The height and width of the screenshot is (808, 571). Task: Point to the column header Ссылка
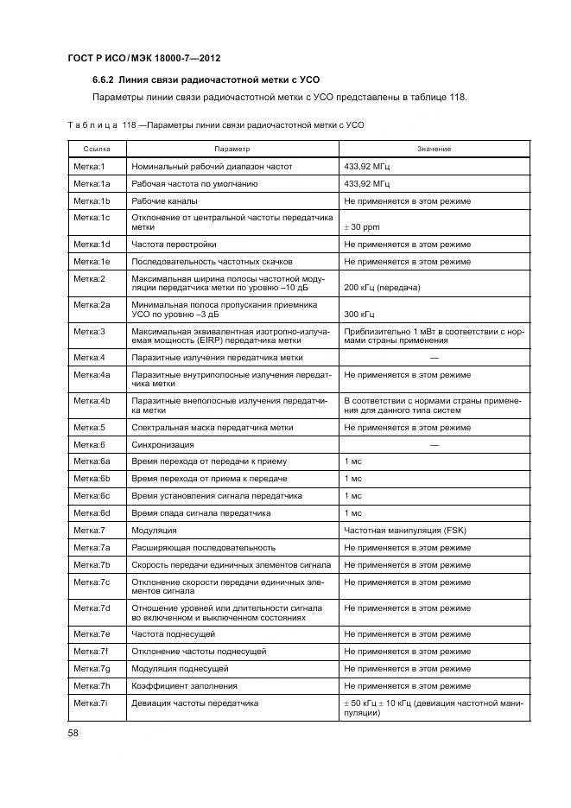pyautogui.click(x=96, y=150)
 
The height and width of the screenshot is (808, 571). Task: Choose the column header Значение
pyautogui.click(x=434, y=150)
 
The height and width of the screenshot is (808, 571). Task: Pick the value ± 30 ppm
pyautogui.click(x=362, y=228)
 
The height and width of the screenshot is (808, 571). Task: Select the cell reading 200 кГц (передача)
pyautogui.click(x=382, y=286)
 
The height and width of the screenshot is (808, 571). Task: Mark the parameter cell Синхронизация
pyautogui.click(x=162, y=444)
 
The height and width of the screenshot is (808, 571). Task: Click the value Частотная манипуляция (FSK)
pyautogui.click(x=404, y=530)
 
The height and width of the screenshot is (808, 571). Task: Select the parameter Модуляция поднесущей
pyautogui.click(x=180, y=668)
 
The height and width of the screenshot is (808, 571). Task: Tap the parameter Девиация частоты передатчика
pyautogui.click(x=194, y=703)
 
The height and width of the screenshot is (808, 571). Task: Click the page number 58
pyautogui.click(x=73, y=733)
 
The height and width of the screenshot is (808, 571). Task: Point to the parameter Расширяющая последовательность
pyautogui.click(x=203, y=547)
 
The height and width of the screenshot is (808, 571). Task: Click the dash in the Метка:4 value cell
pyautogui.click(x=434, y=356)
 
